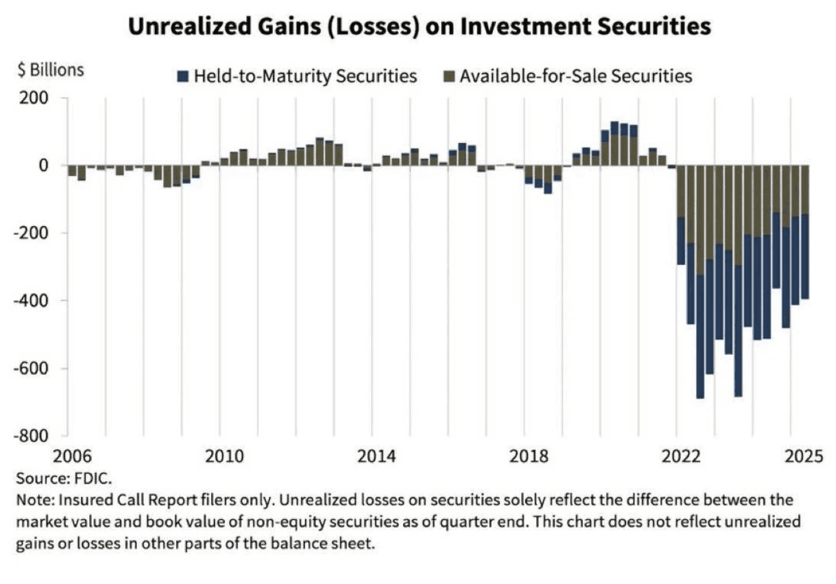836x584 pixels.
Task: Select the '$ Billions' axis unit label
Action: [50, 69]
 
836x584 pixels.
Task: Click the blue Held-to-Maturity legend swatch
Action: [183, 76]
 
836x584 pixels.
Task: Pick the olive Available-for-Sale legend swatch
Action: [449, 76]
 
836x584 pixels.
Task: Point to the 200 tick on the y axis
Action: [37, 98]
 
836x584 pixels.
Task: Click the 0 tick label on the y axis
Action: [43, 166]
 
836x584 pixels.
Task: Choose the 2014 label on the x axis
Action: [376, 456]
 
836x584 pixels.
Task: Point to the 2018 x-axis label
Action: [529, 456]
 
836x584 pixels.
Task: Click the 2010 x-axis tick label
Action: [224, 456]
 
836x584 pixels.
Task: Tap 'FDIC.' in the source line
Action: [95, 478]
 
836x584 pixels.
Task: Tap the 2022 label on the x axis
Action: [682, 456]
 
